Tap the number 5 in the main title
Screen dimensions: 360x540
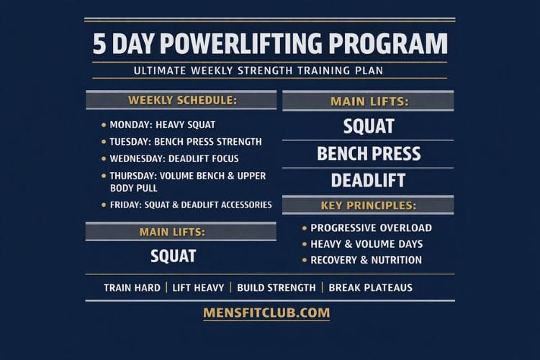pos(99,44)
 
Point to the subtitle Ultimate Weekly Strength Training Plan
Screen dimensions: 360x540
pos(269,71)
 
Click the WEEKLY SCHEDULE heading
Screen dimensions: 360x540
pos(182,100)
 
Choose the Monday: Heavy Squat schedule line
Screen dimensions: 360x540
pos(162,125)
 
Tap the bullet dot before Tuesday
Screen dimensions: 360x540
pos(104,142)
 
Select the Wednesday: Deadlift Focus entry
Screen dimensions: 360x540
pos(174,158)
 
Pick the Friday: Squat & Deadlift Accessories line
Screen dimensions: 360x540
pos(190,205)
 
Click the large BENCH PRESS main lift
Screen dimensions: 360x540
pos(369,154)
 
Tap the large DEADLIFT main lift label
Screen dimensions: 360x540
pos(368,180)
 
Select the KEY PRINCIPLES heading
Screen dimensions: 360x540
pos(368,206)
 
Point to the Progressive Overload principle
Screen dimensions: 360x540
pos(371,228)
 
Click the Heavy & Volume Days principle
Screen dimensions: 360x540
pos(366,244)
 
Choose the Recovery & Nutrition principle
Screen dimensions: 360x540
pos(366,260)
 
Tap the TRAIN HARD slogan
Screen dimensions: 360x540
pos(132,287)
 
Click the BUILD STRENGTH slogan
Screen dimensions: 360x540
pos(276,287)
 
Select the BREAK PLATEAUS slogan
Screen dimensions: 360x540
pos(370,287)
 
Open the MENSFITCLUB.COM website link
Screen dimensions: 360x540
pos(266,312)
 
